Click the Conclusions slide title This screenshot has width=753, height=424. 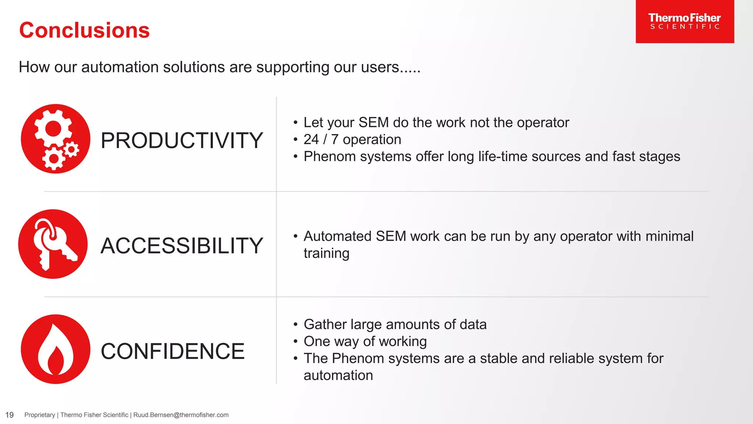[84, 30]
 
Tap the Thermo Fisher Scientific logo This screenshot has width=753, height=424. [685, 21]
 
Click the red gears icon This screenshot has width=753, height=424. [56, 139]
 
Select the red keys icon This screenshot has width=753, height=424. [53, 244]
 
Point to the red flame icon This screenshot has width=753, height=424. [56, 349]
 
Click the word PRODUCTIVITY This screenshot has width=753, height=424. [182, 141]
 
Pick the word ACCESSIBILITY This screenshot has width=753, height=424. [182, 246]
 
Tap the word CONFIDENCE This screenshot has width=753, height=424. [172, 351]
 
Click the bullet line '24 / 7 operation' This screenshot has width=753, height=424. [352, 139]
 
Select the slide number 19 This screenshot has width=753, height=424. [10, 415]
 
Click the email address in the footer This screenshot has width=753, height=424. [181, 415]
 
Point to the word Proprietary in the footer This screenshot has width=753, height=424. [39, 415]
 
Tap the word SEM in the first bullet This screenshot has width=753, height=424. [374, 123]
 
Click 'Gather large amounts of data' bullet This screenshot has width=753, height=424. [395, 325]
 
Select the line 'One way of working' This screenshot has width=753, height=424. [365, 342]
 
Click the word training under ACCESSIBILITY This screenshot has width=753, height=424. [326, 254]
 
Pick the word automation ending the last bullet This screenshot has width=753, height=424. [338, 375]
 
